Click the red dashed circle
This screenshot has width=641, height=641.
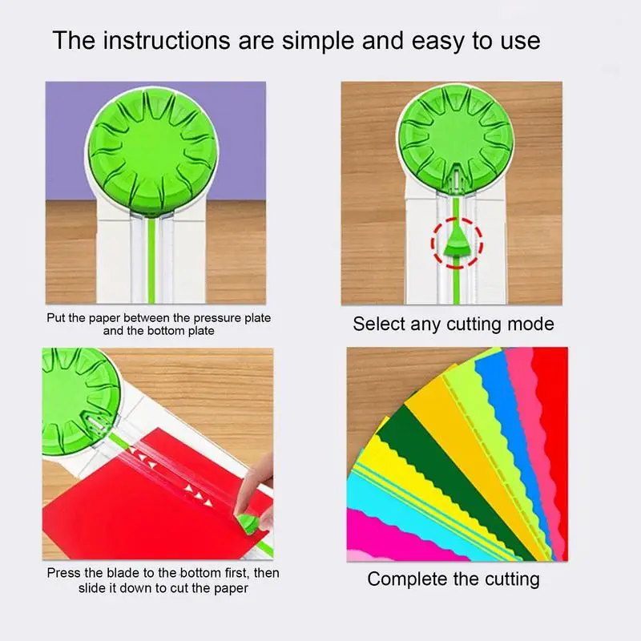[456, 243]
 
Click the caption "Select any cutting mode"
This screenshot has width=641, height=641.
[454, 325]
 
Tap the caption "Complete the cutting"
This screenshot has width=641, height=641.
[454, 579]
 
